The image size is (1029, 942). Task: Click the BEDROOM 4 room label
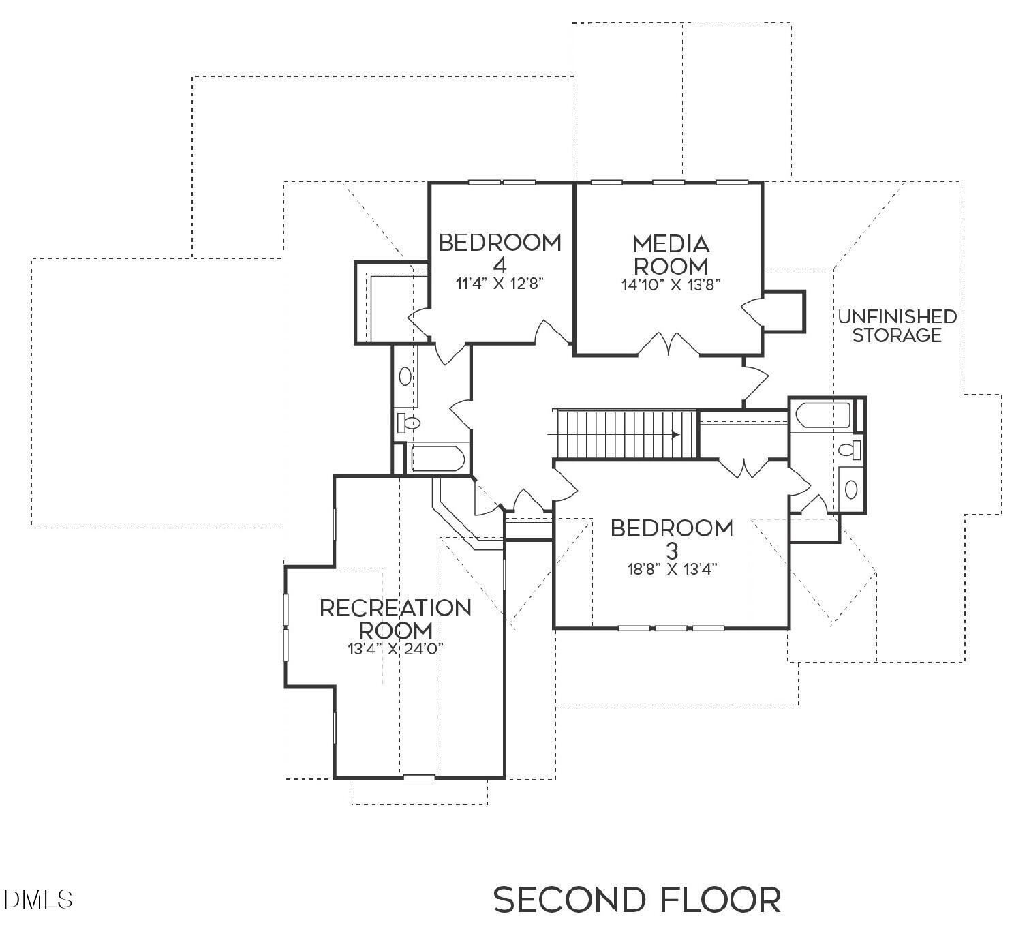click(x=500, y=252)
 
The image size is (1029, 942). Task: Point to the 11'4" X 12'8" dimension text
click(x=500, y=284)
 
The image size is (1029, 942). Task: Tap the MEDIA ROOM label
click(x=671, y=254)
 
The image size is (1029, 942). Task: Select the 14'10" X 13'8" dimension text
click(x=671, y=285)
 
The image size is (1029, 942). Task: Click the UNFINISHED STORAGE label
click(x=897, y=326)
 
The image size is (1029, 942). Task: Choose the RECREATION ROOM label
click(x=395, y=618)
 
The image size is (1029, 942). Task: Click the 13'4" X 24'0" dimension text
click(x=395, y=649)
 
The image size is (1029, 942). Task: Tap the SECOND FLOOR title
click(x=637, y=900)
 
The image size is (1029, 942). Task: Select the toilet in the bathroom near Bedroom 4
click(x=408, y=423)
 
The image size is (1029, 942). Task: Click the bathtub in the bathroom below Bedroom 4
click(x=437, y=458)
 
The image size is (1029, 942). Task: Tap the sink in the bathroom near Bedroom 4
click(x=405, y=376)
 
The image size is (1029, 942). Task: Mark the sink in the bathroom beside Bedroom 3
click(x=850, y=489)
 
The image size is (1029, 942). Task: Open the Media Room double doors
click(x=668, y=345)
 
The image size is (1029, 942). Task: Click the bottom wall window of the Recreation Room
click(x=419, y=777)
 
